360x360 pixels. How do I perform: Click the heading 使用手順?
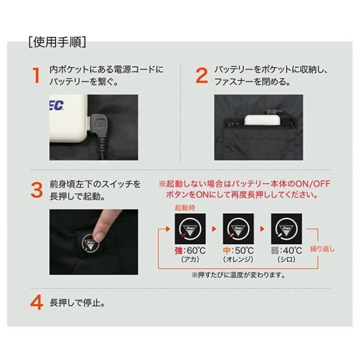[x=57, y=42]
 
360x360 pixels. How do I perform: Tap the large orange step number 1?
[x=36, y=75]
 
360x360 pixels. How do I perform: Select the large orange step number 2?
[x=201, y=75]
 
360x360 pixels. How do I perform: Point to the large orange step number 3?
[x=37, y=190]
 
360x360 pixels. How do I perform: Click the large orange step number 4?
[x=37, y=303]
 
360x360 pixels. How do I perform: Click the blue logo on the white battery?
[x=57, y=106]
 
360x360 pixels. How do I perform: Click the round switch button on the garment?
[x=90, y=244]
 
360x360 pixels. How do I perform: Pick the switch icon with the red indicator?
[x=190, y=229]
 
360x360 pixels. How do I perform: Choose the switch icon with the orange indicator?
[x=238, y=229]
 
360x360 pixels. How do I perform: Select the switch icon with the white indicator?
[x=286, y=229]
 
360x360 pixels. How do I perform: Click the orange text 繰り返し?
[x=322, y=249]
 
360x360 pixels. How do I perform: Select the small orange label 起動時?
[x=185, y=208]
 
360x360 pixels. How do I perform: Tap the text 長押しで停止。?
[x=78, y=303]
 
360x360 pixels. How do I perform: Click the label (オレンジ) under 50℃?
[x=238, y=259]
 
